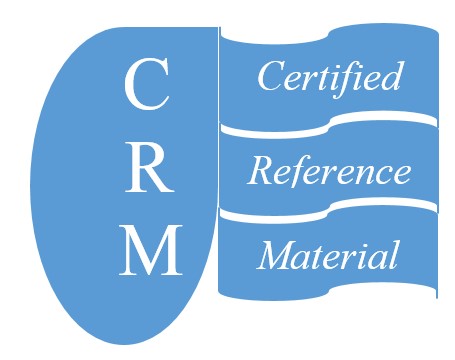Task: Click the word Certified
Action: pyautogui.click(x=329, y=77)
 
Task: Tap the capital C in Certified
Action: pyautogui.click(x=269, y=77)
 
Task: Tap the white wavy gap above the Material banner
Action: pyautogui.click(x=329, y=212)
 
